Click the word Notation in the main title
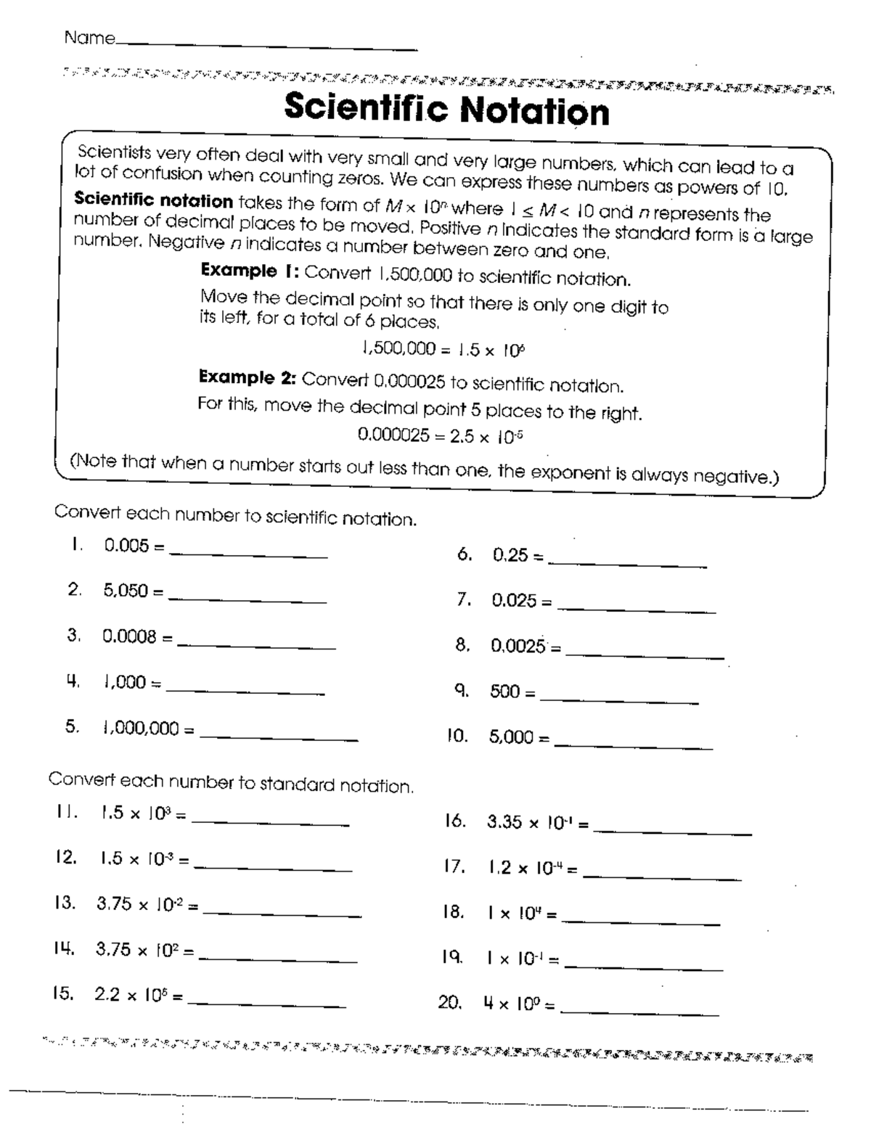[x=534, y=110]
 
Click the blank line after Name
[x=266, y=46]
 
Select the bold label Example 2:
[x=248, y=377]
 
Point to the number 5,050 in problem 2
[x=126, y=591]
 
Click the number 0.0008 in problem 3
[x=129, y=637]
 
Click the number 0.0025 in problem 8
[x=518, y=646]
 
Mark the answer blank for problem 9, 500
[x=619, y=702]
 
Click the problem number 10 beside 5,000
[x=457, y=737]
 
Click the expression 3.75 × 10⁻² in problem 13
[x=139, y=905]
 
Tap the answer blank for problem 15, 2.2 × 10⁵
[x=266, y=1005]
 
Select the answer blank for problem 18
[x=641, y=923]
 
